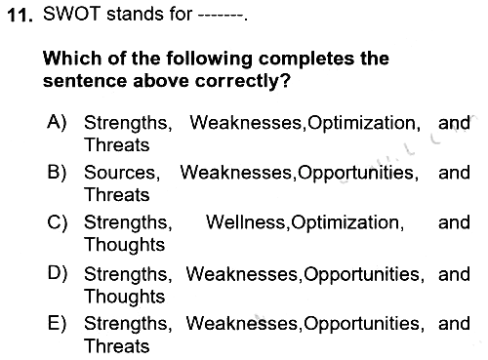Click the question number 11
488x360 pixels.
tap(20, 16)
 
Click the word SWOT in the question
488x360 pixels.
tap(71, 15)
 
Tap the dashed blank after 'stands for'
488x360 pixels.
tap(221, 16)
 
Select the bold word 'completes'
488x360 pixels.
tap(305, 59)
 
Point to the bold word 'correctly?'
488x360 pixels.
tap(242, 81)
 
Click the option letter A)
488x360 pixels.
tap(57, 122)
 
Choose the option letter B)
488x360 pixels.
tap(57, 172)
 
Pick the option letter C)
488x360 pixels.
tap(58, 222)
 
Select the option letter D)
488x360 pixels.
tap(58, 273)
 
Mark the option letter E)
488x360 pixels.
tap(57, 323)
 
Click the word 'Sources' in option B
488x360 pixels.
tap(120, 173)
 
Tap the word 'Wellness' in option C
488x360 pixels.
tap(246, 222)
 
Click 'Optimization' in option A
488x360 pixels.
tap(361, 124)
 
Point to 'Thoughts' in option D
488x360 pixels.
tap(125, 298)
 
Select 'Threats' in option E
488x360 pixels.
tap(117, 345)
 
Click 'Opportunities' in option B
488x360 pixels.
tap(356, 174)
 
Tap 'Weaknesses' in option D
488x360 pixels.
tap(242, 274)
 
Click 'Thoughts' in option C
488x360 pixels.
tap(125, 245)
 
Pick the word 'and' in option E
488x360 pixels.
tap(454, 323)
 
